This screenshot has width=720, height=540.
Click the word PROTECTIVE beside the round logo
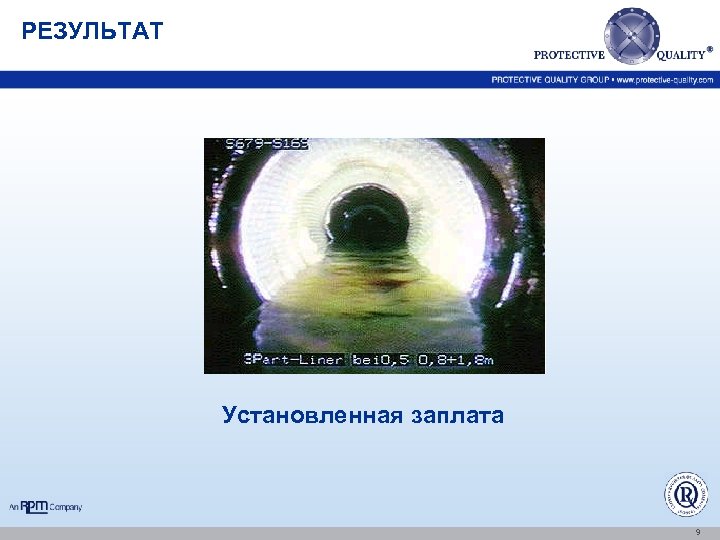569,55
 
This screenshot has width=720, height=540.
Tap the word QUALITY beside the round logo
681,55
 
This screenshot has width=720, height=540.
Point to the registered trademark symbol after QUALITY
711,48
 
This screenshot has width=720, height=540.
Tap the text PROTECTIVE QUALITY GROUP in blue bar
549,79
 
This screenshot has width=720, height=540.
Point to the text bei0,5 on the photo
375,358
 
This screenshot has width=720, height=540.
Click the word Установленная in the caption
310,415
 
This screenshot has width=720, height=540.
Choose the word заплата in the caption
457,415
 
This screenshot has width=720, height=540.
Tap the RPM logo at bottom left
35,507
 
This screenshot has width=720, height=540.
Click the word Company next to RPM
66,508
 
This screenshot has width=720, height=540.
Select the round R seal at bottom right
686,494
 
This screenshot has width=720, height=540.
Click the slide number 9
697,533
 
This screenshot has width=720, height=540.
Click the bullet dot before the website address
612,79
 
